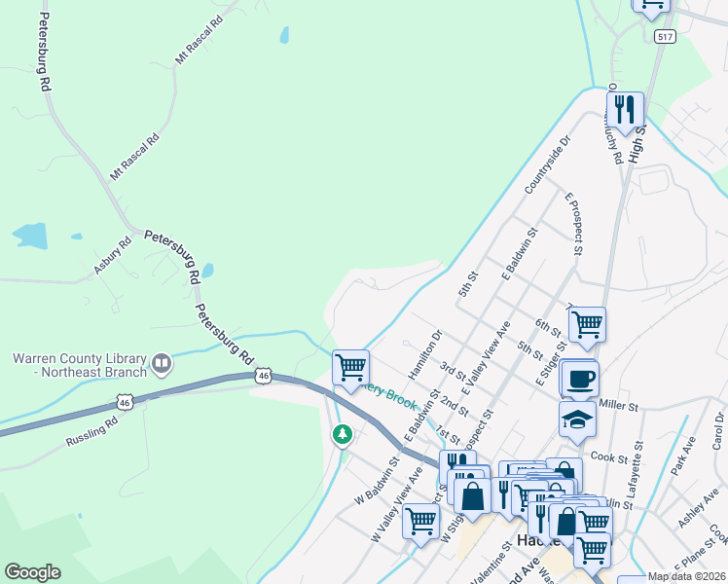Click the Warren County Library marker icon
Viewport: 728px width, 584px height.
coord(162,365)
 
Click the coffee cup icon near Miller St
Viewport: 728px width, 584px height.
coord(580,378)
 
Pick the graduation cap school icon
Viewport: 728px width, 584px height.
coord(577,419)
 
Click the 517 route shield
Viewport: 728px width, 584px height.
coord(666,36)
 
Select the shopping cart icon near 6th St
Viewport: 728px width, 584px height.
coord(587,323)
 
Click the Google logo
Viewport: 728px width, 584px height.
coord(32,572)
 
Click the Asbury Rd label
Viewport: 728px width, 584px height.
coord(112,255)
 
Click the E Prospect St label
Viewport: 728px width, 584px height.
coord(573,223)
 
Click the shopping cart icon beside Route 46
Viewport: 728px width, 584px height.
coord(350,367)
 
